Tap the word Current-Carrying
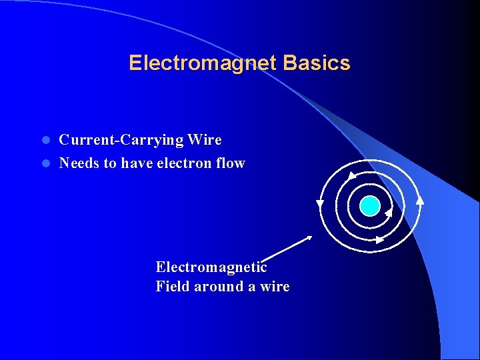[x=121, y=140]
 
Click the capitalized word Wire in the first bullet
[x=205, y=140]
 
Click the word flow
[x=231, y=163]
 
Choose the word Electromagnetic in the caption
[x=211, y=267]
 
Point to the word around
[x=219, y=287]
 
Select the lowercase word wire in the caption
[x=275, y=287]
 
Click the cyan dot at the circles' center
[x=369, y=206]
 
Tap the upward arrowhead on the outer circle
[x=419, y=198]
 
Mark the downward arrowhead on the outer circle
[x=320, y=203]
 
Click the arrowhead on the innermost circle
[x=389, y=213]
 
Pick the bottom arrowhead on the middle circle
[x=379, y=239]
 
